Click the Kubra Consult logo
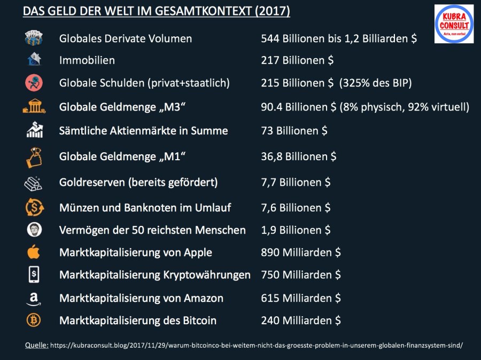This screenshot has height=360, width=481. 454,24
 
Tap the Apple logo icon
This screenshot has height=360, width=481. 34,252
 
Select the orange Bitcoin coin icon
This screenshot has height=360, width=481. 34,320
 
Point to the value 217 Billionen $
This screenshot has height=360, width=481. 297,60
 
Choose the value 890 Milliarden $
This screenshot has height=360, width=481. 301,252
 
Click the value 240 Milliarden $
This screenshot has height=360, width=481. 301,320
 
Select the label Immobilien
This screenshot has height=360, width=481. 87,60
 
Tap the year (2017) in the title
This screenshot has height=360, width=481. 270,11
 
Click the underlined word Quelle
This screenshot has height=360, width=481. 36,346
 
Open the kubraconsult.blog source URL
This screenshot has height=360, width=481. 257,346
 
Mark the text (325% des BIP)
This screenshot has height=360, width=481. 376,83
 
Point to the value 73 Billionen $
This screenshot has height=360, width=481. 294,131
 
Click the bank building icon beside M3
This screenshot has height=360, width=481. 34,107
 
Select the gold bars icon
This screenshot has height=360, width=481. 34,183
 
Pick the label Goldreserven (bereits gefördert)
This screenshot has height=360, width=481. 138,182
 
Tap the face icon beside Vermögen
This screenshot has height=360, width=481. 34,230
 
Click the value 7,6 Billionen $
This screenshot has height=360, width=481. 296,207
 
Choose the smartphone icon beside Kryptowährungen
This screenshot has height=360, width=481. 34,275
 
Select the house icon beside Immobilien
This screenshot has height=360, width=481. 34,60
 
